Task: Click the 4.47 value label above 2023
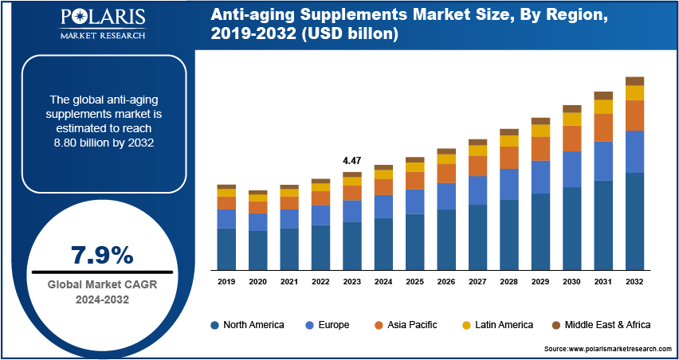351,161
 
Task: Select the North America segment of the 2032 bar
634,221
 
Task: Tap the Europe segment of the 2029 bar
540,177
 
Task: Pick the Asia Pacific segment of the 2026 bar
446,173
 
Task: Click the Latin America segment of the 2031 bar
603,107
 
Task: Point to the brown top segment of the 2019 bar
226,186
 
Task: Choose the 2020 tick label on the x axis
257,282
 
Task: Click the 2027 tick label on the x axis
477,282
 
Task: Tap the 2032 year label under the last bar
634,282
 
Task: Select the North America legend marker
214,325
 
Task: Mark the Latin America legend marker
465,325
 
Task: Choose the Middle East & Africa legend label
607,325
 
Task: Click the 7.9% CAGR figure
102,256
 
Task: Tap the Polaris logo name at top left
102,18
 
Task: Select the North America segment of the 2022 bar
320,248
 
